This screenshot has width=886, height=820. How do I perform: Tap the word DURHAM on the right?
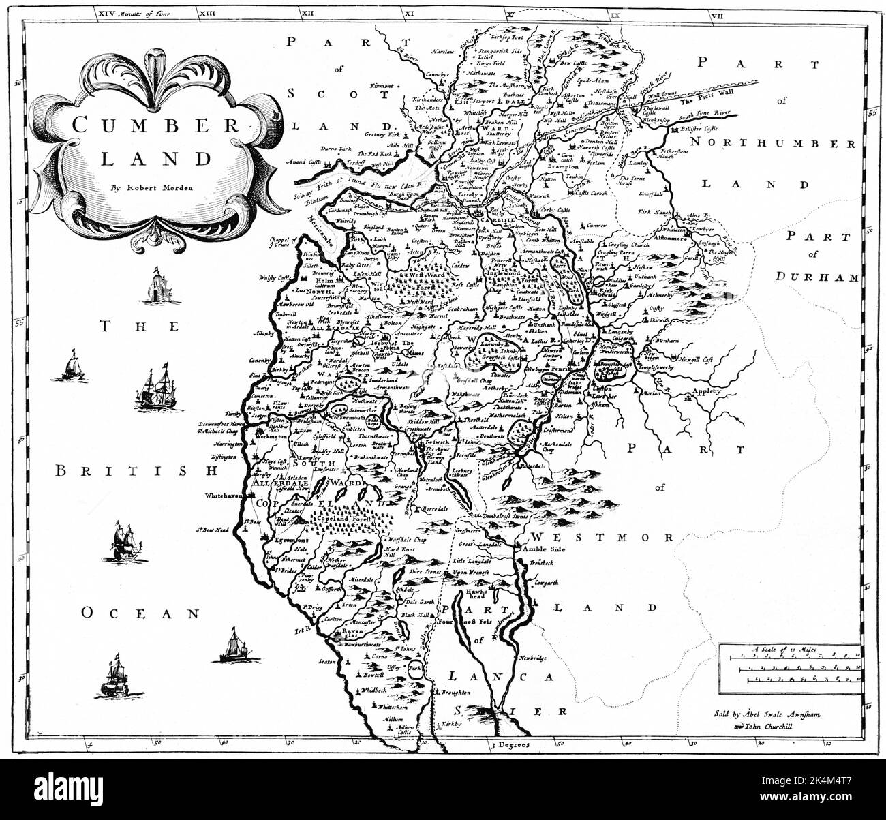tap(827, 277)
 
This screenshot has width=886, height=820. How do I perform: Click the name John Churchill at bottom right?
tap(772, 727)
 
